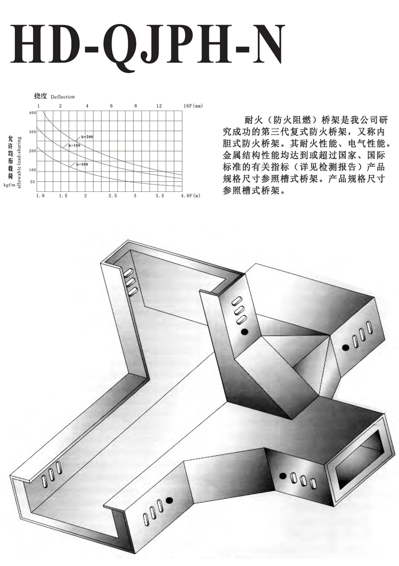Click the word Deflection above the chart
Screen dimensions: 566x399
(x=63, y=97)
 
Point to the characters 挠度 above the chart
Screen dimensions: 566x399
(x=41, y=96)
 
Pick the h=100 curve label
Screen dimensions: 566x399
(x=82, y=164)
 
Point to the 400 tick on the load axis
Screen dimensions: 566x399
(x=33, y=113)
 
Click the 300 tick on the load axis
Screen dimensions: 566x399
(x=33, y=132)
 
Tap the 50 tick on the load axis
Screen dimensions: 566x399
(x=33, y=182)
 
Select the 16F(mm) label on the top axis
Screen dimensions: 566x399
(x=193, y=106)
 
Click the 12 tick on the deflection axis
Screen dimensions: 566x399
(x=159, y=106)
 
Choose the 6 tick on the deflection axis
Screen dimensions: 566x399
(x=111, y=106)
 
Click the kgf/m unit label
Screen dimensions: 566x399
(x=10, y=185)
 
